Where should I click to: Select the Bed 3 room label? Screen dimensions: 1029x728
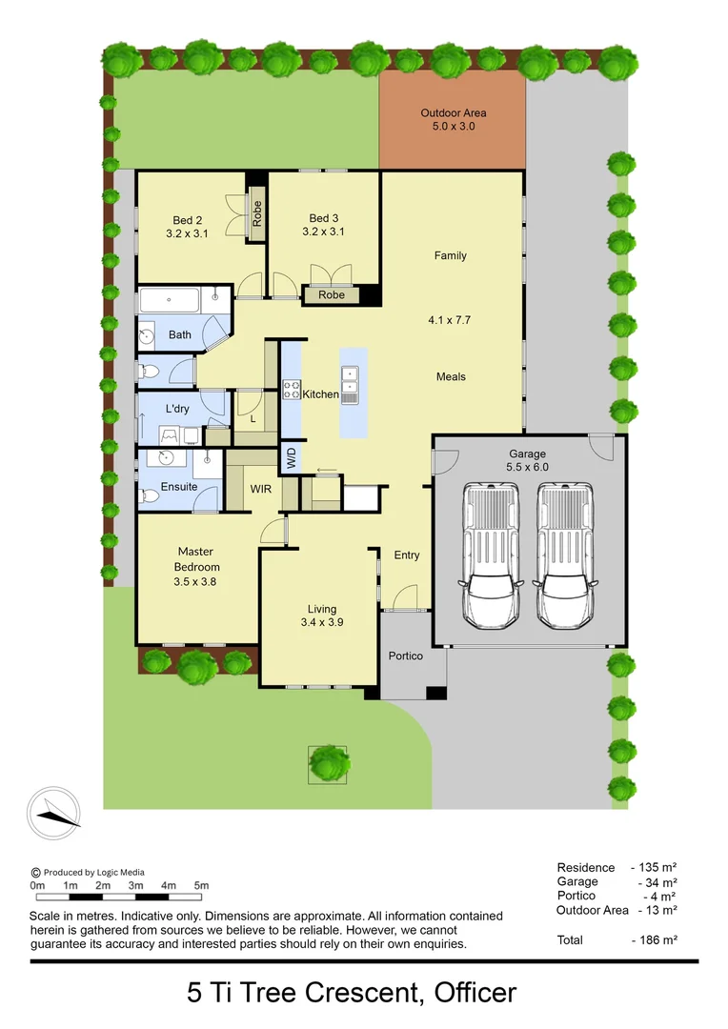point(322,224)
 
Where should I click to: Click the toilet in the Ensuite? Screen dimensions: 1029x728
point(150,495)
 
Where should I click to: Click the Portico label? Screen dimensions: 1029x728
point(404,656)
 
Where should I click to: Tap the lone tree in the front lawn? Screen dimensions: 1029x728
point(328,762)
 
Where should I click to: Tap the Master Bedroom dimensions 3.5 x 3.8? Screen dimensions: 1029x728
point(194,581)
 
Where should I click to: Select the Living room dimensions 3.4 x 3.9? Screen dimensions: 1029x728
point(321,623)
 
